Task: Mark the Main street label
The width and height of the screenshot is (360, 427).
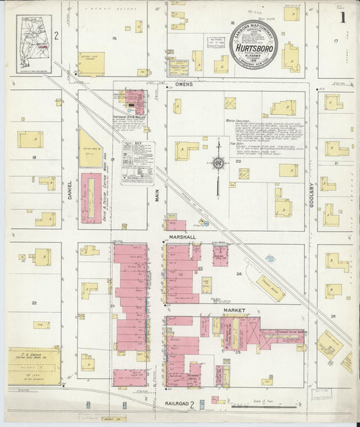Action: [156, 195]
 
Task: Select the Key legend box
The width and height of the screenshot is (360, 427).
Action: [137, 163]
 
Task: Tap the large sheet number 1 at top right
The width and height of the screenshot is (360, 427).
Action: [342, 17]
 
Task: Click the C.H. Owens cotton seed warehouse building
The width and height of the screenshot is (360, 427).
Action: [34, 366]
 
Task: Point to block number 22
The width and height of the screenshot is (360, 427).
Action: [34, 303]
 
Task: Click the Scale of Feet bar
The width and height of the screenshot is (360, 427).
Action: [264, 407]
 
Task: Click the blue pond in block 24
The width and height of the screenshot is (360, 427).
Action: [270, 258]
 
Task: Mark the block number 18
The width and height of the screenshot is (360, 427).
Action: [33, 157]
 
